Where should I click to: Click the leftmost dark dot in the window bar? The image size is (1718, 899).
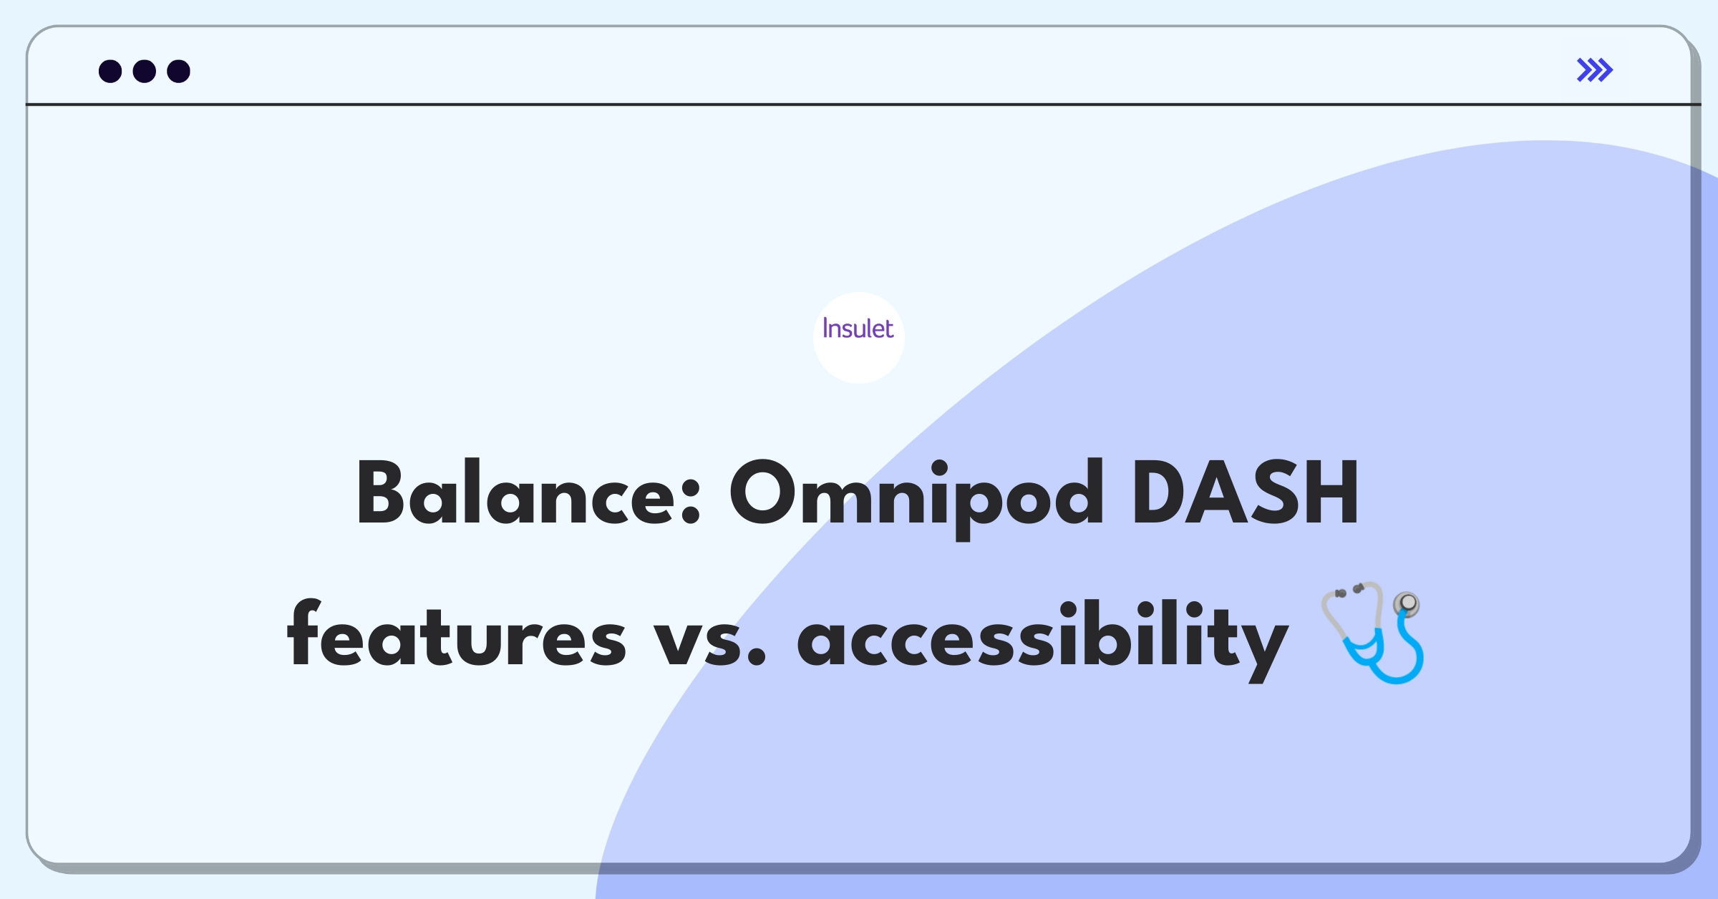coord(110,72)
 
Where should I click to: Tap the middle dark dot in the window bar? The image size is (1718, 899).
coord(145,72)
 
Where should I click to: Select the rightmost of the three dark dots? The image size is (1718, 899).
coord(179,72)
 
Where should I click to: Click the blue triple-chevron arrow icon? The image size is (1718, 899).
coord(1595,70)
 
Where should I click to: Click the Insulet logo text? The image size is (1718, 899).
coord(858,329)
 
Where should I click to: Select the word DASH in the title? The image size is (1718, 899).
coord(1246,493)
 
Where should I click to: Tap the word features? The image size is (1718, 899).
coord(457,633)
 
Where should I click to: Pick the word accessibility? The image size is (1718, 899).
coord(1043,639)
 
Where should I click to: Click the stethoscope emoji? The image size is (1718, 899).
coord(1373,632)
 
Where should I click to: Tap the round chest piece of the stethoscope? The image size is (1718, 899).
coord(1407,605)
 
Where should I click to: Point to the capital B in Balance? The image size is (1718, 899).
coord(384,493)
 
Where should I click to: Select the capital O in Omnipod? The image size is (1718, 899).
coord(764,493)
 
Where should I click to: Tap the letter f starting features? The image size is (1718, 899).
coord(305,633)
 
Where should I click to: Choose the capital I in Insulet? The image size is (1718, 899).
coord(825,328)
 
